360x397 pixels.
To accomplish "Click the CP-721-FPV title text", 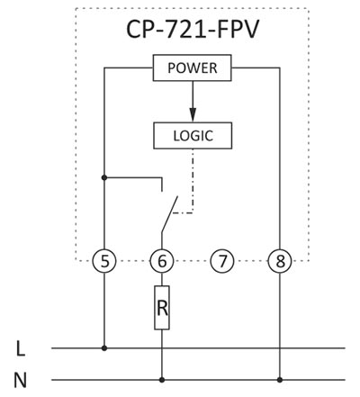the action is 193,30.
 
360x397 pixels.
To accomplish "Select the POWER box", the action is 193,68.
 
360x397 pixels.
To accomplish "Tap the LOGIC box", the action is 193,136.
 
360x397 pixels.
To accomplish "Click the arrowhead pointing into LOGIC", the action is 193,116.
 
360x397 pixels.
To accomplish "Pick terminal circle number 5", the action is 104,261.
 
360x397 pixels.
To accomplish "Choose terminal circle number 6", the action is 162,261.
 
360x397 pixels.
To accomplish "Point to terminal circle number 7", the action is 222,261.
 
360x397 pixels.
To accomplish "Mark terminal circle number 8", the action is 280,261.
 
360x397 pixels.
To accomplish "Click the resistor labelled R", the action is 162,308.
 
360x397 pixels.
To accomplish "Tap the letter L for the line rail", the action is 21,349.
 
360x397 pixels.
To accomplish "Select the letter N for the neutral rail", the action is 20,381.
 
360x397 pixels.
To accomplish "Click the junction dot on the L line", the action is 104,348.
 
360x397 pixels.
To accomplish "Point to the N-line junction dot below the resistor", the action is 162,380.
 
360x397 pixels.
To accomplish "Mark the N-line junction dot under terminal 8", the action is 280,380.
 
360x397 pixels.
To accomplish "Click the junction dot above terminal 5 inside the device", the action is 104,177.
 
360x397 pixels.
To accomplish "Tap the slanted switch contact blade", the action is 170,214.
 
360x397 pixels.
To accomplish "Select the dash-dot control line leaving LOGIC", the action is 193,181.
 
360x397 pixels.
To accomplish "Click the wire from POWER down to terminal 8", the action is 280,158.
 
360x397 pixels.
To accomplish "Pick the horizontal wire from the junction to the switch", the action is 133,177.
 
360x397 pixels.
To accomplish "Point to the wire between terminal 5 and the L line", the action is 104,311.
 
